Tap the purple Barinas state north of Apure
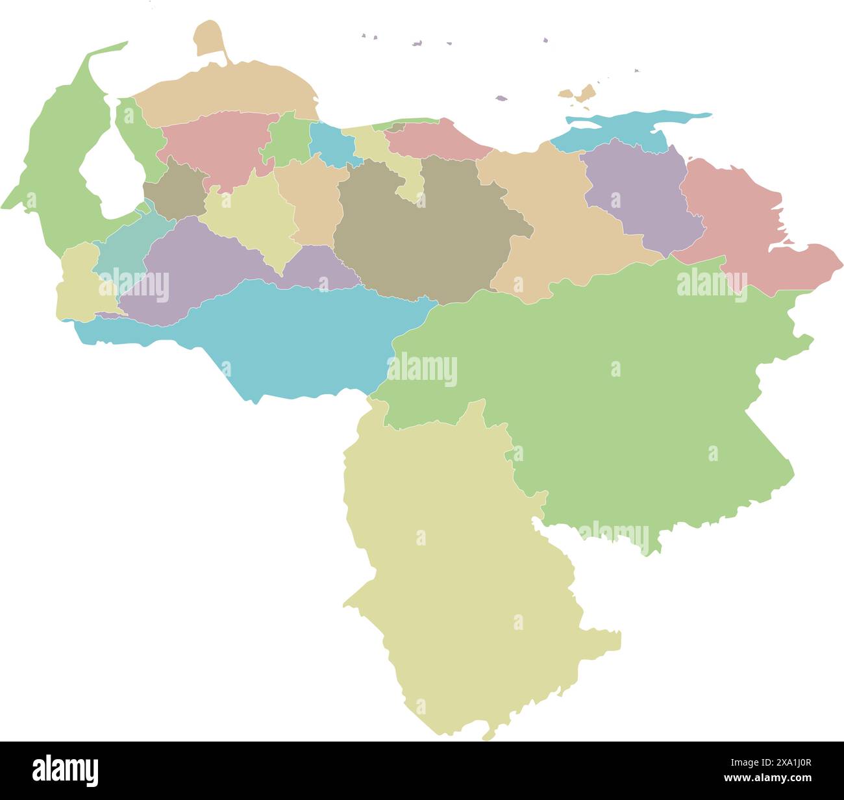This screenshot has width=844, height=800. (195, 273)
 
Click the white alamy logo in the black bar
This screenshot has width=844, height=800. (66, 770)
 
